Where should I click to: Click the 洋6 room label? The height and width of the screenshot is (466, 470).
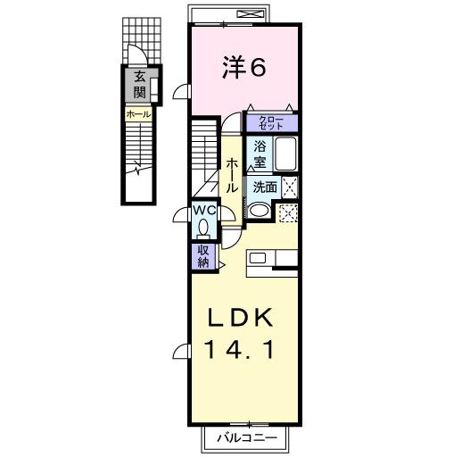[x=243, y=68]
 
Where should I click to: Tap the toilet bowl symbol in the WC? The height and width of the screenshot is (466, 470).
[x=204, y=225]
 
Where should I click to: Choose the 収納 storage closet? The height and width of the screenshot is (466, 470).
[x=202, y=256]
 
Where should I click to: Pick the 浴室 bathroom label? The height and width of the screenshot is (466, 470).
[x=260, y=154]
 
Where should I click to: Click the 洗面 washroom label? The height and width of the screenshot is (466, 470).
[x=264, y=187]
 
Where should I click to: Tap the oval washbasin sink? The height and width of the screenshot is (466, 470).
[x=260, y=211]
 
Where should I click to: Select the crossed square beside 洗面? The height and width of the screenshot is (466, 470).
[x=289, y=187]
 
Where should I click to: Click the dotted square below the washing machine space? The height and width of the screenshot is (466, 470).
[x=288, y=213]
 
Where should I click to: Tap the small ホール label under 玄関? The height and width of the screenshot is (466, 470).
[x=138, y=114]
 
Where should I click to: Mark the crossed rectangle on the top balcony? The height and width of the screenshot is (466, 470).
[x=252, y=13]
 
